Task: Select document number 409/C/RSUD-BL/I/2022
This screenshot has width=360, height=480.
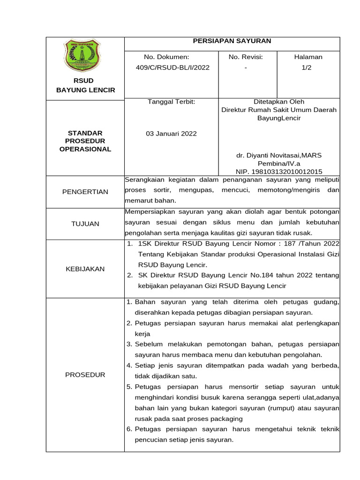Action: click(x=172, y=67)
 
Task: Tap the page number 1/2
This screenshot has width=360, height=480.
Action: click(x=308, y=67)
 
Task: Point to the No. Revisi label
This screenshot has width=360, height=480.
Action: click(x=246, y=57)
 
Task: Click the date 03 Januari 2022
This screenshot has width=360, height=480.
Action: click(x=172, y=134)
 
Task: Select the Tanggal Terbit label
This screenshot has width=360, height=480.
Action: click(x=171, y=101)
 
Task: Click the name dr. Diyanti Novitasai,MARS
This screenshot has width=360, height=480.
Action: click(x=279, y=155)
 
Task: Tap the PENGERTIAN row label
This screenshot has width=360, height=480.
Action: click(x=85, y=191)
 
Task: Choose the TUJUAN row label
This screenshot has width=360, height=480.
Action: click(x=85, y=224)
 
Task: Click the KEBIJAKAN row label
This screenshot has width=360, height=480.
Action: click(x=85, y=269)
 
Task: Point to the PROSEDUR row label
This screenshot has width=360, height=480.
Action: click(x=85, y=375)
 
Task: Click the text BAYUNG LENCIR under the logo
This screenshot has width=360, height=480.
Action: click(x=85, y=90)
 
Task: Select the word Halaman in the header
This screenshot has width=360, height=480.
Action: click(x=308, y=57)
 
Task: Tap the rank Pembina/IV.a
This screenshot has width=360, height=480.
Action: click(x=279, y=164)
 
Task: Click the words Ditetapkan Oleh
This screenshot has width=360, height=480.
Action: click(x=279, y=101)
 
